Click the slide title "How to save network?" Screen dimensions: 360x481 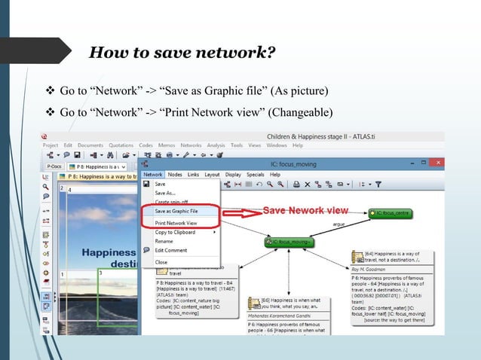click(182, 53)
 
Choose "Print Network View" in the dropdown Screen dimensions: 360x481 click(176, 223)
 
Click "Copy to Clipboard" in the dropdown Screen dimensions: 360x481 click(175, 232)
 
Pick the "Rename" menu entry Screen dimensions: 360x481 click(164, 242)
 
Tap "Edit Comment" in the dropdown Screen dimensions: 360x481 click(171, 250)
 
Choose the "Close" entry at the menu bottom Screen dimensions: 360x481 click(161, 262)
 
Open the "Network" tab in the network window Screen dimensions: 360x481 click(152, 174)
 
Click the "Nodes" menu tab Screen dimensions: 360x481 click(175, 174)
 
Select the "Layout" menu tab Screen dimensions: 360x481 click(213, 174)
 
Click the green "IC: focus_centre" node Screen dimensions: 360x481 click(390, 215)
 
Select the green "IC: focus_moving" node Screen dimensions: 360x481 click(290, 242)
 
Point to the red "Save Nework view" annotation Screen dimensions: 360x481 click(305, 210)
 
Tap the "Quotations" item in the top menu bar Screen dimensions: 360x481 click(121, 145)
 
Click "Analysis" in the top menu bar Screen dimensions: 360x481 click(216, 145)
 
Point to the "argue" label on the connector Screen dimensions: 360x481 click(339, 224)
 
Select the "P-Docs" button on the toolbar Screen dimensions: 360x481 click(54, 166)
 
